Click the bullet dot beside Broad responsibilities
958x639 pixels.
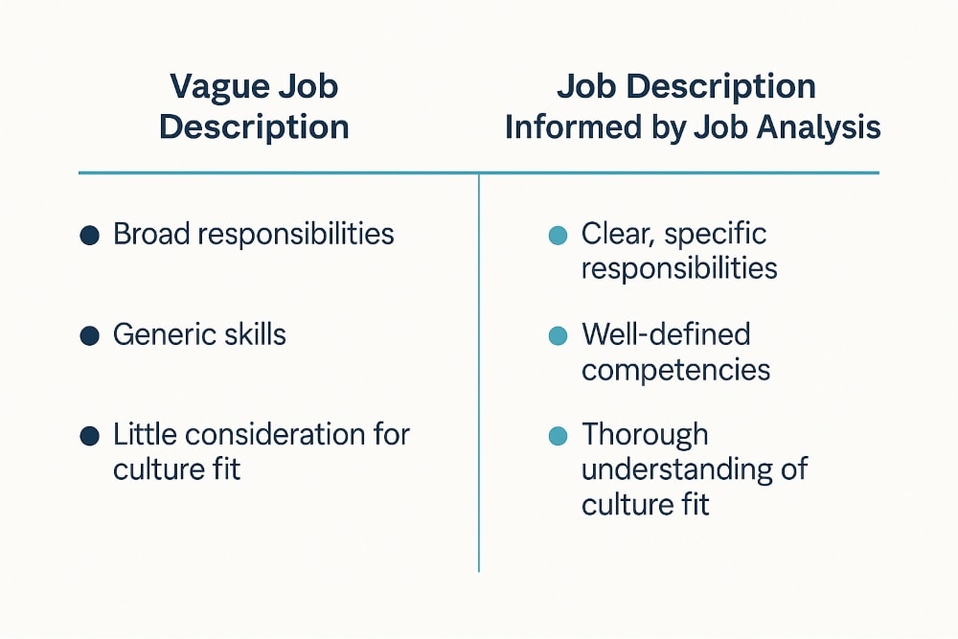click(x=90, y=235)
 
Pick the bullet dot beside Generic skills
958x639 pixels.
click(x=90, y=335)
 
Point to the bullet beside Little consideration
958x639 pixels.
click(x=90, y=436)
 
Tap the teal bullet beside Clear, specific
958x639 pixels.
click(x=558, y=235)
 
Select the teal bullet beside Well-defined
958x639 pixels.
click(x=558, y=335)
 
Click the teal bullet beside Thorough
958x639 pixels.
click(x=558, y=436)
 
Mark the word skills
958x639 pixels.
click(x=253, y=334)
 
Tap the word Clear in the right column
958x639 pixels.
click(x=613, y=234)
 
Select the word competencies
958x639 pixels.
click(x=675, y=370)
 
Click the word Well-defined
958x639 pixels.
click(x=666, y=334)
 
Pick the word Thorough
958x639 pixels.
click(x=645, y=435)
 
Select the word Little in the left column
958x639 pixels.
click(x=145, y=435)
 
